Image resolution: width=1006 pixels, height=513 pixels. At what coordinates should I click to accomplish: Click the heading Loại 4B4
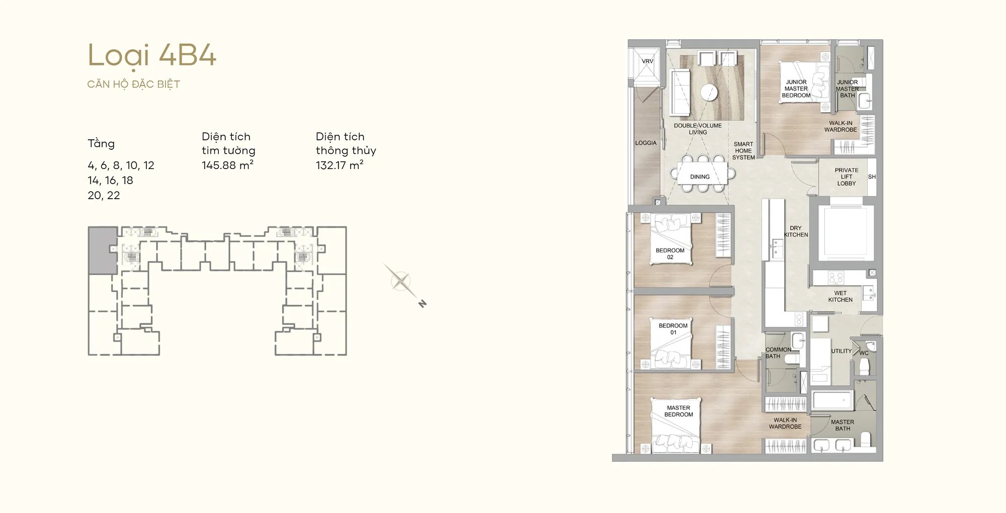coord(152,55)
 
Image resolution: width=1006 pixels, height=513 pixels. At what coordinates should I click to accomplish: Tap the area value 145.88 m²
coord(227,165)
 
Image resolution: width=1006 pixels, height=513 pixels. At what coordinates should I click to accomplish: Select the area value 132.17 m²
coord(340,165)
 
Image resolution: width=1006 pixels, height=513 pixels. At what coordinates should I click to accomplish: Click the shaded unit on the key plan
coord(103,250)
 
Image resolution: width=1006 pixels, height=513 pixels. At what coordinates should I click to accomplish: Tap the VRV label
coord(647,61)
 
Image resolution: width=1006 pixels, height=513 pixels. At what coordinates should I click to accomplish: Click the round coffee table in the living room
coord(709,93)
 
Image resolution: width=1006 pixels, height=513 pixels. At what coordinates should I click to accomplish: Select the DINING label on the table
coord(700,177)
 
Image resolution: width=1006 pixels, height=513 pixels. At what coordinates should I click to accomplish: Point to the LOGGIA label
coord(646,143)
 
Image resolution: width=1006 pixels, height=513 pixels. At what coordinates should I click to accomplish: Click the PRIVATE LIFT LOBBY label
coord(847,177)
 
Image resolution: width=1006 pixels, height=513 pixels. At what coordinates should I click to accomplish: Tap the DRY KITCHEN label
coord(796,231)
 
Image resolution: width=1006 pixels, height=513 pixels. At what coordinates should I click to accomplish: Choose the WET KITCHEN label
coord(841,296)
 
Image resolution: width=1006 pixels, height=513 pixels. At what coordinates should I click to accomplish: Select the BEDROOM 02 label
coord(670,253)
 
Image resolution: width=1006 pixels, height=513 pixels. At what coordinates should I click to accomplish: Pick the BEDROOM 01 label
coord(673,329)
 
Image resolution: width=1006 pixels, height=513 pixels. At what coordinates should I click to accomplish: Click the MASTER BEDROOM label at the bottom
coord(679,411)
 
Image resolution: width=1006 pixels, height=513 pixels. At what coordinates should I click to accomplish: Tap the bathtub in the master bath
coord(832,400)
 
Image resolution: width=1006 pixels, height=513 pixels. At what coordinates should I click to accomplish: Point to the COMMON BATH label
coord(778,353)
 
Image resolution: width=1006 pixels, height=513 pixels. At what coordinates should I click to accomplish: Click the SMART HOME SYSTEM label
coord(743,151)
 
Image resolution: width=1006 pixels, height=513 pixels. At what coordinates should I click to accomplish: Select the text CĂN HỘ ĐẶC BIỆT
coord(134,84)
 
